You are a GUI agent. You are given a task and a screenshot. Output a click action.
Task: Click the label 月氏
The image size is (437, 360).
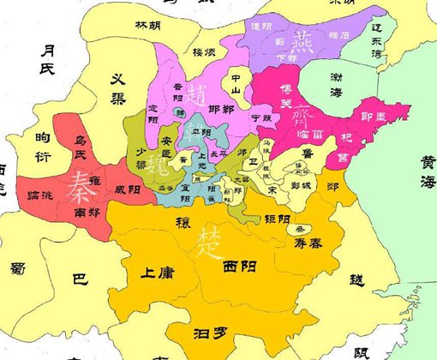(x=53, y=60)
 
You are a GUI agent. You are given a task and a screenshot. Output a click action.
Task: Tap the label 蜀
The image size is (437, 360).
(x=18, y=269)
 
